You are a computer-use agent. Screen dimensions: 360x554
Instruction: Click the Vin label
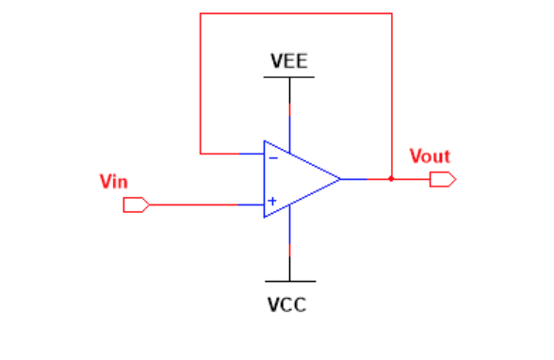pyautogui.click(x=113, y=181)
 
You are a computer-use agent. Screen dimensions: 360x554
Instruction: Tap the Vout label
pyautogui.click(x=430, y=156)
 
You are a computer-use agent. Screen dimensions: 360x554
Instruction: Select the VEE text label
pyautogui.click(x=288, y=61)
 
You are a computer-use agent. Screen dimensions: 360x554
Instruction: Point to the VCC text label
pyautogui.click(x=287, y=305)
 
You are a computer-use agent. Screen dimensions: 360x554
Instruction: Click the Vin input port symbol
pyautogui.click(x=136, y=205)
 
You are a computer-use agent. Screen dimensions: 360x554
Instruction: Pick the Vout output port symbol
pyautogui.click(x=442, y=178)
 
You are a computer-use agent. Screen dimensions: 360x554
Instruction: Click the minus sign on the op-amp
pyautogui.click(x=273, y=157)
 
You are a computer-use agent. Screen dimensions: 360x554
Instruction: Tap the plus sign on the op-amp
pyautogui.click(x=272, y=201)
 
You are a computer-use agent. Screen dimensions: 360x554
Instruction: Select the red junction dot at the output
pyautogui.click(x=391, y=178)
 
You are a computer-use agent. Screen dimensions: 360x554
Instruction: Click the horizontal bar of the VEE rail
pyautogui.click(x=288, y=77)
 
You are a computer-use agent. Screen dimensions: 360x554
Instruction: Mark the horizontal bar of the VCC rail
pyautogui.click(x=289, y=281)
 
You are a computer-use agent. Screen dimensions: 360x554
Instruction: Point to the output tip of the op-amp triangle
pyautogui.click(x=340, y=178)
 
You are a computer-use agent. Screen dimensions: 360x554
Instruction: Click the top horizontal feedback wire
pyautogui.click(x=296, y=13)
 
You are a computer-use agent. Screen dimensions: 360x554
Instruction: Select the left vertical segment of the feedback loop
pyautogui.click(x=201, y=85)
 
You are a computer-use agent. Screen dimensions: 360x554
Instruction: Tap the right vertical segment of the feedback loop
pyautogui.click(x=391, y=94)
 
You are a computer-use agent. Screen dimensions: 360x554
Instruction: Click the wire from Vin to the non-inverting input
pyautogui.click(x=203, y=205)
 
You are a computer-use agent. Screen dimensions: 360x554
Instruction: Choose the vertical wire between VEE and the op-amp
pyautogui.click(x=289, y=113)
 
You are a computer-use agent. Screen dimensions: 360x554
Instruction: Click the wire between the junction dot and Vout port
pyautogui.click(x=411, y=178)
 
